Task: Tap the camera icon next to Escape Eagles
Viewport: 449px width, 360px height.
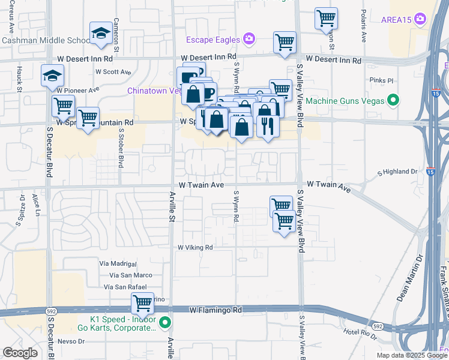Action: (249, 40)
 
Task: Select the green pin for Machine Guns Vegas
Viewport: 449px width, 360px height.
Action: (393, 100)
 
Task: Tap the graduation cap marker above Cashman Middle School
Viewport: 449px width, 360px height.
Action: (101, 34)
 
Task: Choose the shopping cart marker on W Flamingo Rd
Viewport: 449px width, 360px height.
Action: (143, 304)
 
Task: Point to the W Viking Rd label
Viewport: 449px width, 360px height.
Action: (195, 247)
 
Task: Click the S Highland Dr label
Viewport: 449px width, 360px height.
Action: (397, 172)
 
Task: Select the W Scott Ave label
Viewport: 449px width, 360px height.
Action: (113, 72)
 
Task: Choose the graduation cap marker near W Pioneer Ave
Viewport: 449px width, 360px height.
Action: (52, 76)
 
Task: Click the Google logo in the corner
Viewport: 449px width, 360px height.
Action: (19, 352)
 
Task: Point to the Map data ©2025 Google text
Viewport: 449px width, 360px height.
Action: (411, 355)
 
